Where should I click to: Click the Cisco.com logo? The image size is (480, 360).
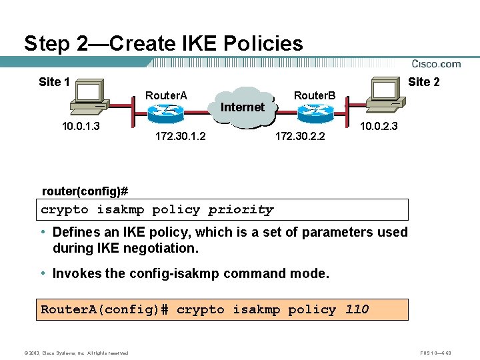coord(436,64)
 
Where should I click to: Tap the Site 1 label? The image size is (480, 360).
coord(54,82)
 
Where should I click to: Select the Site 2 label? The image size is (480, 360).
coord(423,82)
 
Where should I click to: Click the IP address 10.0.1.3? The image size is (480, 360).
coord(81,127)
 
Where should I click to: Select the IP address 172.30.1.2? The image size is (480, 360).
coord(180,137)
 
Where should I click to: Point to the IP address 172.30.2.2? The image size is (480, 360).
coord(300,137)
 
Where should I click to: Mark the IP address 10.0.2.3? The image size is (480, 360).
coord(379,127)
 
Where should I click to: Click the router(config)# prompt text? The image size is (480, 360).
coord(85,191)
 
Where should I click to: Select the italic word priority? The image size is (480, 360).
coord(241,209)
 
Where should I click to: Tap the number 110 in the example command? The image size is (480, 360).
coord(357,309)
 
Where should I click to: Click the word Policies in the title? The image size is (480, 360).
coord(262,44)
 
